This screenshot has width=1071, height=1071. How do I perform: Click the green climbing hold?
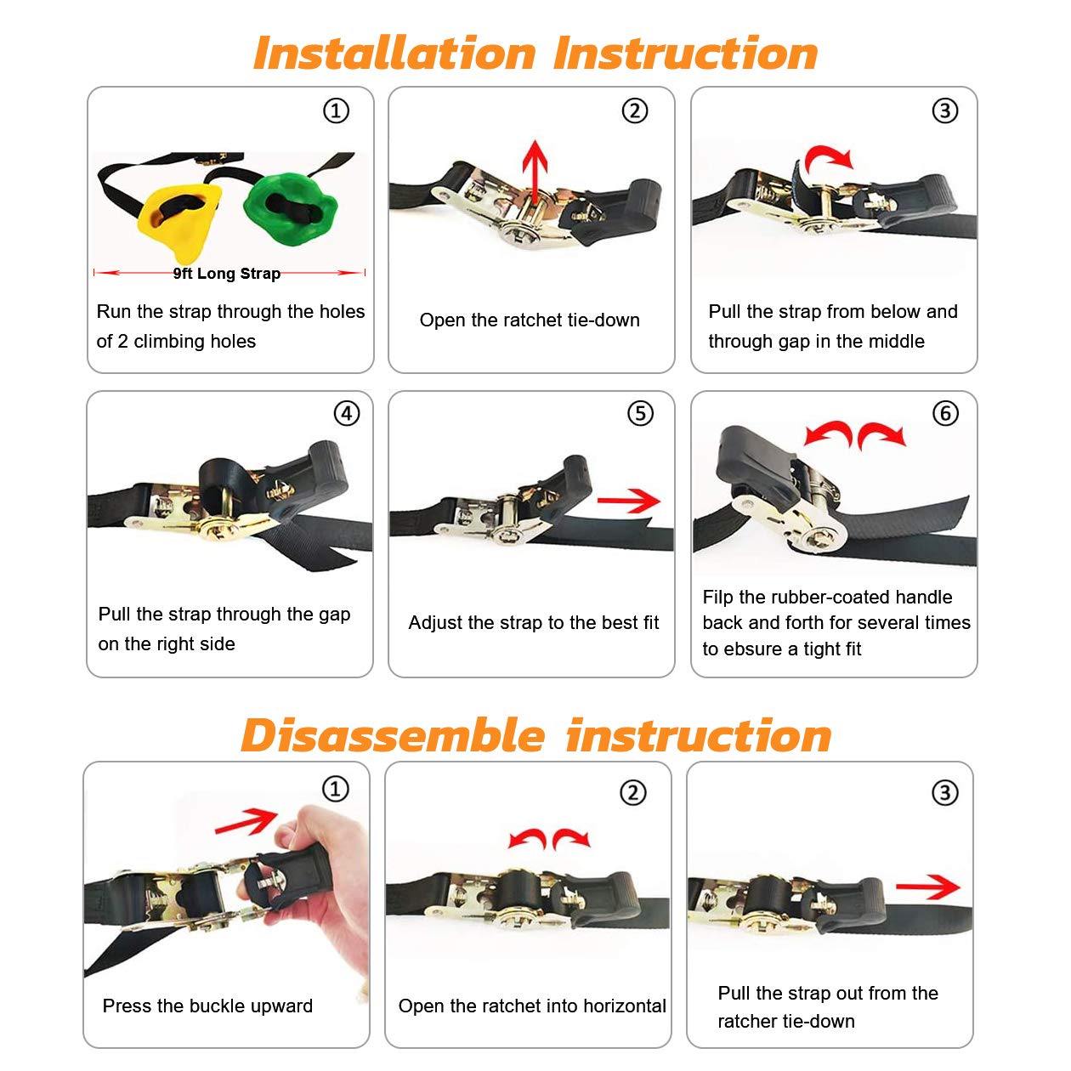[x=290, y=209]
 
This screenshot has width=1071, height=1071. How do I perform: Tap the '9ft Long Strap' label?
[x=227, y=274]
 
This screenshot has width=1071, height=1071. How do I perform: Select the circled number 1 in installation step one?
[x=337, y=110]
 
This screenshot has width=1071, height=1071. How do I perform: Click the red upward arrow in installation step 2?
[x=535, y=173]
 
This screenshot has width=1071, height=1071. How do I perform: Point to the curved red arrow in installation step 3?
[x=828, y=156]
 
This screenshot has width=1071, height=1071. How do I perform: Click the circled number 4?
[x=347, y=413]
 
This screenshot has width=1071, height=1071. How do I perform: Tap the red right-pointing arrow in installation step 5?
[x=629, y=501]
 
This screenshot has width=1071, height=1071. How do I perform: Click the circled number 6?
[x=945, y=413]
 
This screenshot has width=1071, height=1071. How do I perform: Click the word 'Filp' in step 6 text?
[x=718, y=597]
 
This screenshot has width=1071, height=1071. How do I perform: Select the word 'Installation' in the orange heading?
[x=394, y=54]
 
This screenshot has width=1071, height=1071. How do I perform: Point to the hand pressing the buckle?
[x=317, y=884]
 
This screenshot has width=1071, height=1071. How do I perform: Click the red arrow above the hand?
[x=246, y=821]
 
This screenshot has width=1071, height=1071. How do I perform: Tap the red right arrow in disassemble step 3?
[x=927, y=887]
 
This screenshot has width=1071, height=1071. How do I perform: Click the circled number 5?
[x=640, y=413]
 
